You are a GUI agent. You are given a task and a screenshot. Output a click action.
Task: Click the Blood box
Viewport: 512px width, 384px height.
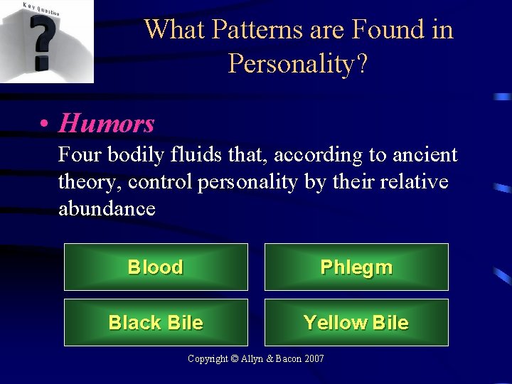click(x=156, y=267)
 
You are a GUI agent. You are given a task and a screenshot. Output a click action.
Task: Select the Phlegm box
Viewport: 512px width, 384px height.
click(x=356, y=267)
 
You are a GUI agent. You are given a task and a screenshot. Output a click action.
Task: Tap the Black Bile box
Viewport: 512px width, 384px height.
click(x=156, y=323)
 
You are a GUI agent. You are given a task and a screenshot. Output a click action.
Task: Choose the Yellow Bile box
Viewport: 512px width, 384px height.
click(x=356, y=323)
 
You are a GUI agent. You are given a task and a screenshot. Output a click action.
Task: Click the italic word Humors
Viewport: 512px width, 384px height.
click(x=107, y=124)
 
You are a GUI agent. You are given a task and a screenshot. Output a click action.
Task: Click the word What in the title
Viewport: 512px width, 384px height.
click(x=174, y=30)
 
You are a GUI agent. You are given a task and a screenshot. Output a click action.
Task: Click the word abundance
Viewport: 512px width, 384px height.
click(x=107, y=208)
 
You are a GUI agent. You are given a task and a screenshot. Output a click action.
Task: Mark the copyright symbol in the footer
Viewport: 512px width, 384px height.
click(x=235, y=359)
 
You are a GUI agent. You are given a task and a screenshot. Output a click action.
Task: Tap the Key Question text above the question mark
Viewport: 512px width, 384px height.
click(x=41, y=9)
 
